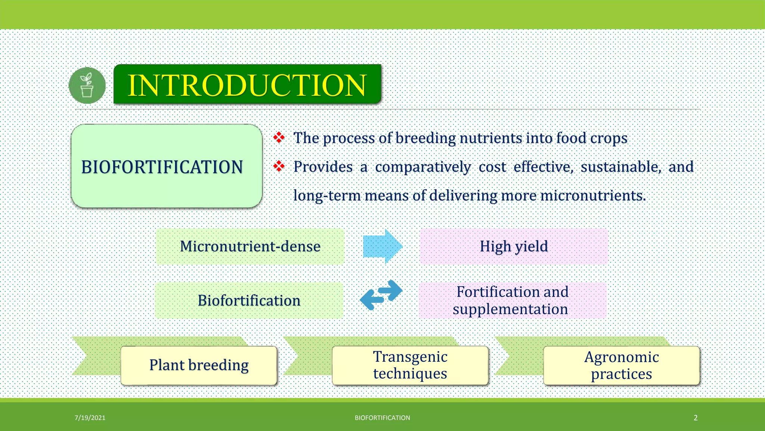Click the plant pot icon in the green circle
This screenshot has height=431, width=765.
pos(87,85)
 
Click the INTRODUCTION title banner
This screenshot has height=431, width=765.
pos(247,85)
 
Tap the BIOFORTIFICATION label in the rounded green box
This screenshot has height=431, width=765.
pos(162,167)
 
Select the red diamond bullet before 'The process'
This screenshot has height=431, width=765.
pos(279,138)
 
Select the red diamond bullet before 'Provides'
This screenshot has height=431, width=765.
pos(279,166)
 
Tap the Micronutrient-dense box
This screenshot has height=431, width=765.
pos(250,247)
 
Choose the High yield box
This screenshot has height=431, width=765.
pos(514,247)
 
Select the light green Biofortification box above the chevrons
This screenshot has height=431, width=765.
pos(249,300)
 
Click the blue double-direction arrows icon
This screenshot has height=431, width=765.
pos(381,295)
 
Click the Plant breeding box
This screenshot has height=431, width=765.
pos(199,365)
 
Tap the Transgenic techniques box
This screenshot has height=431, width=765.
pos(410,365)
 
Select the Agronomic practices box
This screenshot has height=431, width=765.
pos(621,365)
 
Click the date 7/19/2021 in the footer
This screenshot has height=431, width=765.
pos(90,418)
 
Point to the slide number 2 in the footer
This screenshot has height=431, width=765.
pos(696,418)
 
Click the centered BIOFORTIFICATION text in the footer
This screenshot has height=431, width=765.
pos(382,418)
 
